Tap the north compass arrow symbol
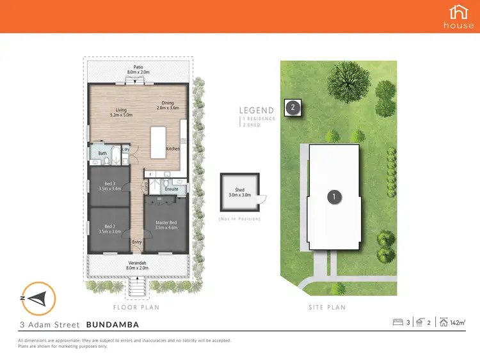pyautogui.click(x=39, y=297)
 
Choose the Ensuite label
pyautogui.click(x=172, y=189)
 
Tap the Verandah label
pyautogui.click(x=138, y=265)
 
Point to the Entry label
pyautogui.click(x=137, y=242)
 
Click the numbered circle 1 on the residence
pyautogui.click(x=333, y=197)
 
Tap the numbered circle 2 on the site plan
pyautogui.click(x=292, y=107)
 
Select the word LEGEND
pyautogui.click(x=257, y=110)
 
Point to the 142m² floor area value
pyautogui.click(x=457, y=323)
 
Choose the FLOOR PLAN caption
pyautogui.click(x=138, y=307)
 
